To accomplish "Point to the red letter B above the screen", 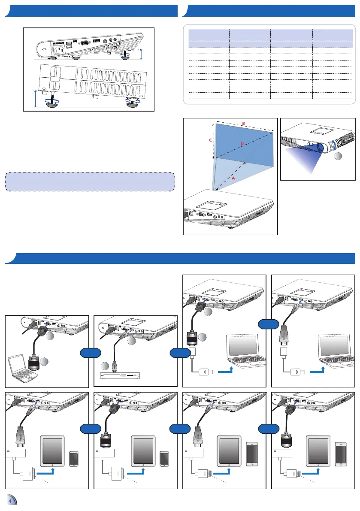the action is coord(243,124).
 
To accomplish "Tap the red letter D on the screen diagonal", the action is coord(242,145).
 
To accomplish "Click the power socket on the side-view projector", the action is coord(59,49).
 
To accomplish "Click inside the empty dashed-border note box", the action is coord(90,181).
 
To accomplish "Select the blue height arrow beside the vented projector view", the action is coord(36,99).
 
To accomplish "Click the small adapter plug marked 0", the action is coord(205,371).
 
